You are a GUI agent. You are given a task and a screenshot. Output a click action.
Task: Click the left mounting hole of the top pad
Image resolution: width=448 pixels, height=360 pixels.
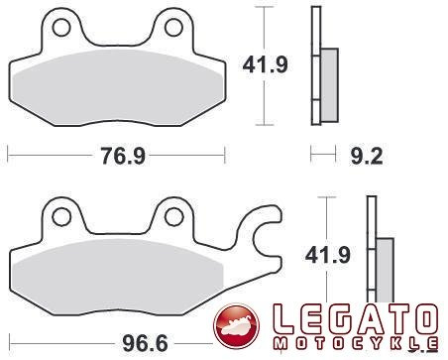coord(61,28)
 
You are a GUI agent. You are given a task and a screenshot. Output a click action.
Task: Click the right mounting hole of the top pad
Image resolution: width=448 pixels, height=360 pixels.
coord(173,28)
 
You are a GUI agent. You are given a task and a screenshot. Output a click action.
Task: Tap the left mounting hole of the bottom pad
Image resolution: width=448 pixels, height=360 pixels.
coord(61,217)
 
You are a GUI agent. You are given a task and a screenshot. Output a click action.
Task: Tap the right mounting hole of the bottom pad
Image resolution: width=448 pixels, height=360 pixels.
coord(174,217)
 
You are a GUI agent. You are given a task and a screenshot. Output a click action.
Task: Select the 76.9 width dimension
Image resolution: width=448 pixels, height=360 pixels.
coord(123,156)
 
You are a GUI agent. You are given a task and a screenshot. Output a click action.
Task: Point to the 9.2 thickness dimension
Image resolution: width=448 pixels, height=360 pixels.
coord(367,156)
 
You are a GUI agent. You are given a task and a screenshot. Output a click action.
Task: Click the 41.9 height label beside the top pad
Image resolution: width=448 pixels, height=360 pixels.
coord(266,64)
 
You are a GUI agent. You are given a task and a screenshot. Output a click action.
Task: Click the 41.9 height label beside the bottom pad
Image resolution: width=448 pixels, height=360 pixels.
coord(327,255)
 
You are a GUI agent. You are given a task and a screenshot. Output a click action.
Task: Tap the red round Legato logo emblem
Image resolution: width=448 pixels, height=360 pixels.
coord(236,327)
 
